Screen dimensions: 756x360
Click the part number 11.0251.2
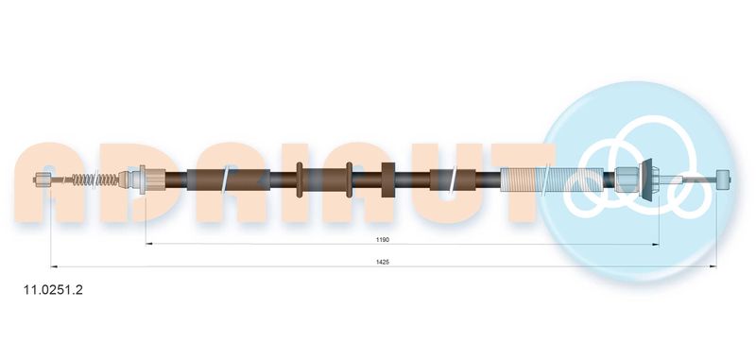coord(53,290)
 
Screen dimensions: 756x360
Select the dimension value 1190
coord(383,239)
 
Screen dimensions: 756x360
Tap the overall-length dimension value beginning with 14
coord(383,262)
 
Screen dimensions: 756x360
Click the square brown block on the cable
coord(388,180)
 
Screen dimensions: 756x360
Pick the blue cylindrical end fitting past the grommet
coord(723,180)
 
